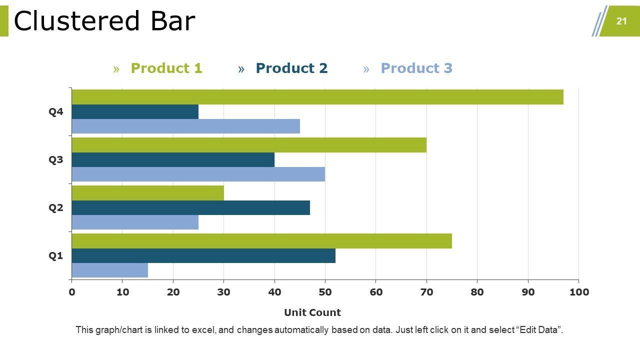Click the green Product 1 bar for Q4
pos(317,97)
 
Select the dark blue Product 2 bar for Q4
pos(135,111)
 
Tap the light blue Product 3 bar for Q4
pos(185,126)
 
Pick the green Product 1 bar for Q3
pos(249,145)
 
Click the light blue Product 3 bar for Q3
pos(198,174)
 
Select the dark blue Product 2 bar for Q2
pos(190,207)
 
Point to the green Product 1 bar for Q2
pos(147,193)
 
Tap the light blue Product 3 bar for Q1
pos(109,270)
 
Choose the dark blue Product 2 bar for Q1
pos(203,255)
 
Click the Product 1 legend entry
pos(166,68)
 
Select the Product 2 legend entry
pos(291,68)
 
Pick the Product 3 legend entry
pos(416,68)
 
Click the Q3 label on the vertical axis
pos(56,160)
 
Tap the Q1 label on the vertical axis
pos(56,256)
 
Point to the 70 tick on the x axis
pos(426,292)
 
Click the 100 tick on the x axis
pos(578,292)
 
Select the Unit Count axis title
pos(312,312)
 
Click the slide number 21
pos(621,21)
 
